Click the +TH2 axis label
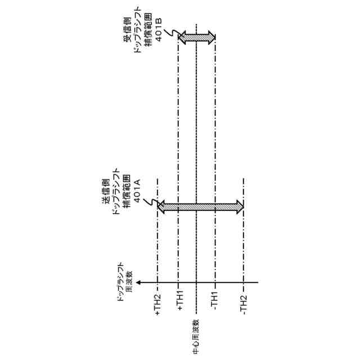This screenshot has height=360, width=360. pos(157,304)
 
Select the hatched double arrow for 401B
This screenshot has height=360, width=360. pos(197,38)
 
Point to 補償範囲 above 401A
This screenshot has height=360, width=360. pos(127,183)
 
